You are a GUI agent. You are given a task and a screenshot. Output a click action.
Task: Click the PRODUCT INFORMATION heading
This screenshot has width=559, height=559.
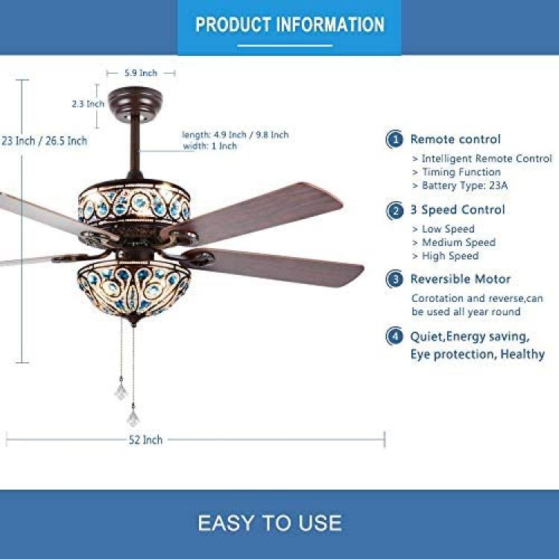point(290,25)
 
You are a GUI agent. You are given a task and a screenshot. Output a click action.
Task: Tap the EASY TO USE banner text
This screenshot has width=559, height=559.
point(270,523)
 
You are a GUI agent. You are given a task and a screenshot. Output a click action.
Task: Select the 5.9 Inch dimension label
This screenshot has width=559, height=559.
point(141,73)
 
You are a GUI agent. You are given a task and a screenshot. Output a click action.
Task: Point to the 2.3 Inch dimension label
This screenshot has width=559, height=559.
point(88,104)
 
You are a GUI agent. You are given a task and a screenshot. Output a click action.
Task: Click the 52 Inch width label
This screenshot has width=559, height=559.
point(145,440)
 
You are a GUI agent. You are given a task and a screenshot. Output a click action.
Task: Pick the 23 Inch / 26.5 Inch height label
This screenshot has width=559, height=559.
point(44,141)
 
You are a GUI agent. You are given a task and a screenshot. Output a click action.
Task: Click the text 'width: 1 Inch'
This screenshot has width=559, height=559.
point(210,146)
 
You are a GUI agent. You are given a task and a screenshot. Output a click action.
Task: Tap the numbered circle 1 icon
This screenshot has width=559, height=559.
point(394,139)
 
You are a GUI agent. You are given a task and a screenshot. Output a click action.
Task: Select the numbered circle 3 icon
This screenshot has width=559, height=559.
point(394,279)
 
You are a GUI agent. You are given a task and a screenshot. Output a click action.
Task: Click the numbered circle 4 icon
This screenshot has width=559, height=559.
point(394,336)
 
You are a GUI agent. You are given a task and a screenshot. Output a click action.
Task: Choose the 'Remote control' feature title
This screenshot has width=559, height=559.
point(455,139)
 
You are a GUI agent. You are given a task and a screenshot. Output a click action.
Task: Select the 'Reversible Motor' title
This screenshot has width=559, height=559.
point(461,279)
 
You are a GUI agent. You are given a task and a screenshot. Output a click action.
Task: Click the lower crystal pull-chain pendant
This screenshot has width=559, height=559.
point(133,417)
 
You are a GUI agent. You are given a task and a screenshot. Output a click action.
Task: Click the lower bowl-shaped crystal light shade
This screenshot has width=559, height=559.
point(134,289)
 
